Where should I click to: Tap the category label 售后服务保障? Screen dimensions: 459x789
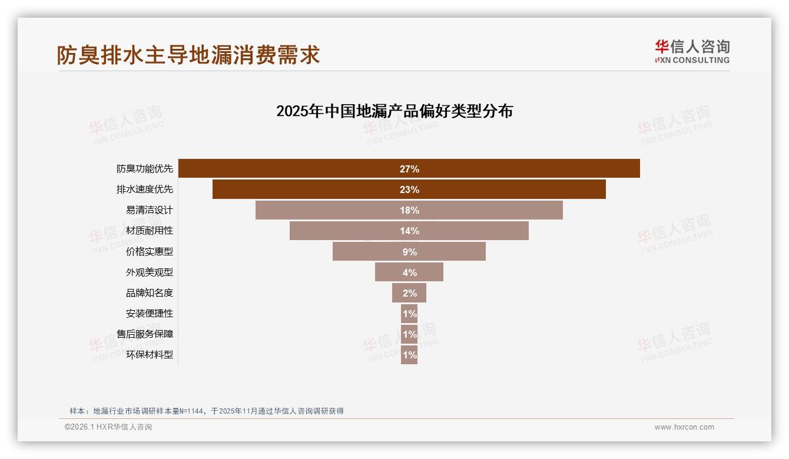(145, 334)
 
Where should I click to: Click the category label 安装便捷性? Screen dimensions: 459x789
(150, 314)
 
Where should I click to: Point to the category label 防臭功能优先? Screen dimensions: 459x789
(145, 169)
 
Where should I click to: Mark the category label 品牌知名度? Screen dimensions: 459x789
(150, 292)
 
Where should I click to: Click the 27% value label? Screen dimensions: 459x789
(409, 169)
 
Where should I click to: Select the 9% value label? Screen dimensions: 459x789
(409, 252)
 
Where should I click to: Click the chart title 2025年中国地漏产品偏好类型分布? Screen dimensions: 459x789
(394, 111)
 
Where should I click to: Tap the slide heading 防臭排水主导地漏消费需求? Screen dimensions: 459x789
(188, 55)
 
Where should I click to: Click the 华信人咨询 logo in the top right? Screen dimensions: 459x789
(692, 51)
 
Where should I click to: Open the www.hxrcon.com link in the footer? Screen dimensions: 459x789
(684, 427)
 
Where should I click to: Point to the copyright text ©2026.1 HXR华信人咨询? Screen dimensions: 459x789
(108, 427)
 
